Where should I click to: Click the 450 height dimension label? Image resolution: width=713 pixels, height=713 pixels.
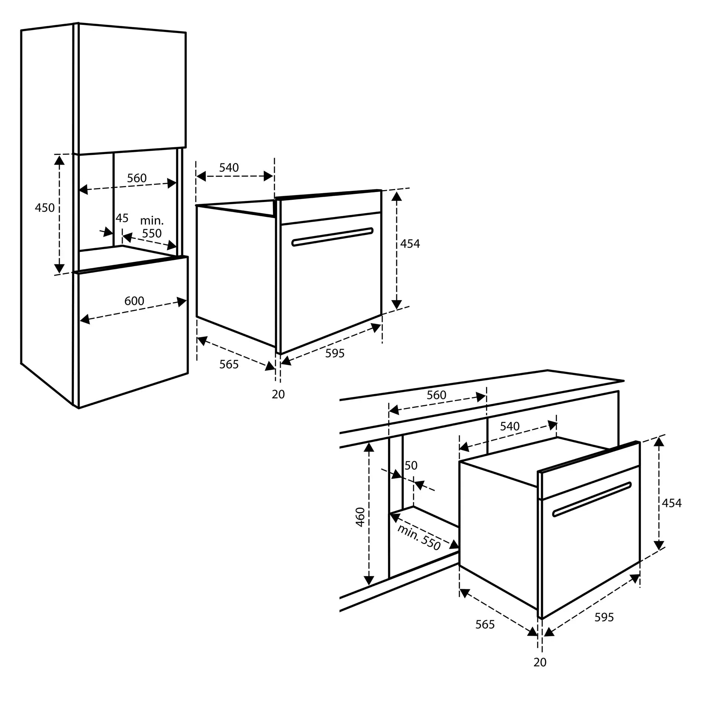(x=45, y=208)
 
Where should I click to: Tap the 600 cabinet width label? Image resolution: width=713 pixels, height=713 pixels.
(x=134, y=301)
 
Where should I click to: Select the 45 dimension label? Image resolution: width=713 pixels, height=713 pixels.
(x=122, y=218)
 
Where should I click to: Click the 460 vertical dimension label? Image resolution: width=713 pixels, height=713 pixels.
(x=360, y=517)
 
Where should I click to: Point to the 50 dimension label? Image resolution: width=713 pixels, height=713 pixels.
(x=411, y=466)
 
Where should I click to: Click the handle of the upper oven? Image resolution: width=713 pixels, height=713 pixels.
(x=332, y=237)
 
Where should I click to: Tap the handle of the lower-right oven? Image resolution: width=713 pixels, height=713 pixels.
(x=592, y=499)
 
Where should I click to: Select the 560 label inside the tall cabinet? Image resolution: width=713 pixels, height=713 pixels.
(x=137, y=178)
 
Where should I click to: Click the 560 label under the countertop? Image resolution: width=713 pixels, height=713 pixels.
(x=436, y=395)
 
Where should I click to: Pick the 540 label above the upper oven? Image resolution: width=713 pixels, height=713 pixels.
(x=229, y=168)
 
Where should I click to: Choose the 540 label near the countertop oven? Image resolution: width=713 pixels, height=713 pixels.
(x=509, y=426)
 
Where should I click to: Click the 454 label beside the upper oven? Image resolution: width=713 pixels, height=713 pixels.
(x=410, y=244)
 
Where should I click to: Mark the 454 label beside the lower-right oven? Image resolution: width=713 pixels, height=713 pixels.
(x=672, y=503)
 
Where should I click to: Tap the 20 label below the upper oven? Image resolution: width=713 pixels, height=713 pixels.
(x=278, y=394)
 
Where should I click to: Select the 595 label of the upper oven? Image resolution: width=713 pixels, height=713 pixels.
(x=335, y=354)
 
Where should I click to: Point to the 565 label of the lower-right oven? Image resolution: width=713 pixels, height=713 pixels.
(x=485, y=625)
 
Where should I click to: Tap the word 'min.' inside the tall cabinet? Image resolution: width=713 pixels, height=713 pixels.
(x=152, y=221)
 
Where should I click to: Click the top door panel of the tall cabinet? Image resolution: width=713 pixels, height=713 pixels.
(x=132, y=89)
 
